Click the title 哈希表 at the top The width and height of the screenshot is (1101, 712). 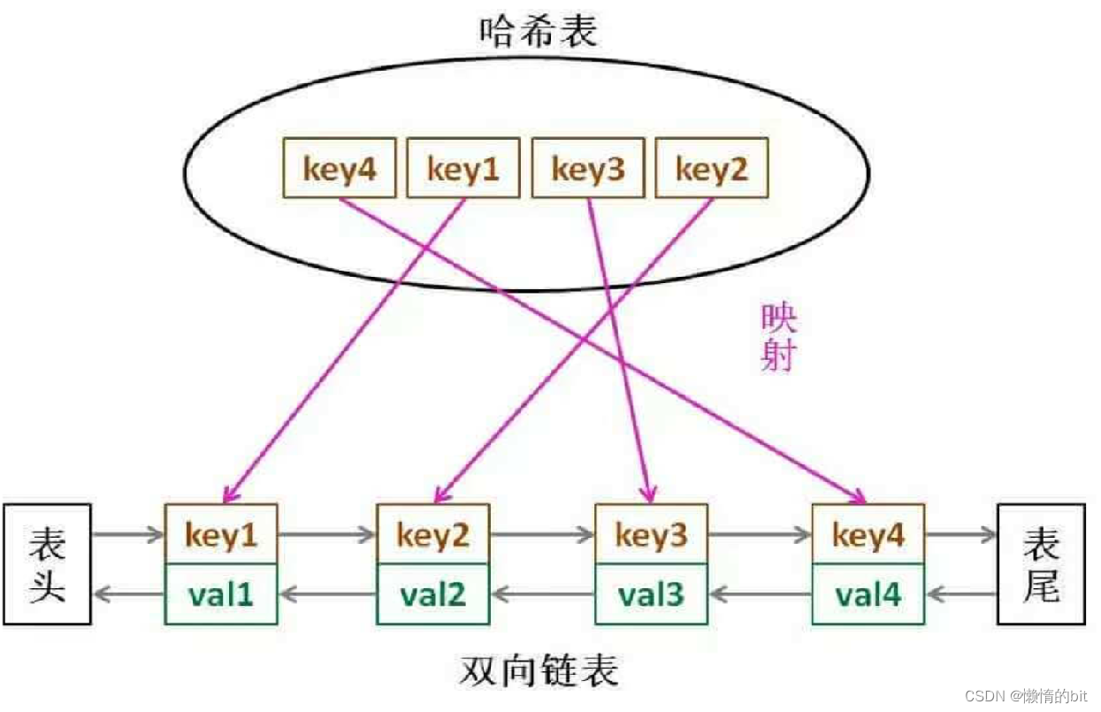pos(539,32)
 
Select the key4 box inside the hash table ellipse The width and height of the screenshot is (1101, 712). pos(340,168)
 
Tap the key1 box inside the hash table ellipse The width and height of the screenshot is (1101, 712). pos(463,168)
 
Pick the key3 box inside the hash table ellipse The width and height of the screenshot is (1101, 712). pos(588,168)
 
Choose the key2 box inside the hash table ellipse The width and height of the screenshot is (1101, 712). pos(712,168)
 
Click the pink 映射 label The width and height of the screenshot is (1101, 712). pos(778,339)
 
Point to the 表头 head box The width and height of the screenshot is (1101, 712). pos(48,564)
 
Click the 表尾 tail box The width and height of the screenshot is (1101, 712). pos(1041,564)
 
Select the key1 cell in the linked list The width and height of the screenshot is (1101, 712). pos(221,535)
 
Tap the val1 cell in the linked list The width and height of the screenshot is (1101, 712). pos(221,594)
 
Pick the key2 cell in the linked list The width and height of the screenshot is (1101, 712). pos(433,535)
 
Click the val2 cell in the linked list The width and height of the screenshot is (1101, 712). pos(433,594)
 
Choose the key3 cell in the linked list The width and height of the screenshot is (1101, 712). pos(651,535)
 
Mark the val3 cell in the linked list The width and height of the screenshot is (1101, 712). pos(651,594)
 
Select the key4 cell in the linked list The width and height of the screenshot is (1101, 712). pos(868,535)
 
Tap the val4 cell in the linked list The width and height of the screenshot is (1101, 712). pos(868,594)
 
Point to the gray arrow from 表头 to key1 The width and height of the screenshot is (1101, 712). pos(128,535)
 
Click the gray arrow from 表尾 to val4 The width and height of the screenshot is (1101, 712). pos(961,594)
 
